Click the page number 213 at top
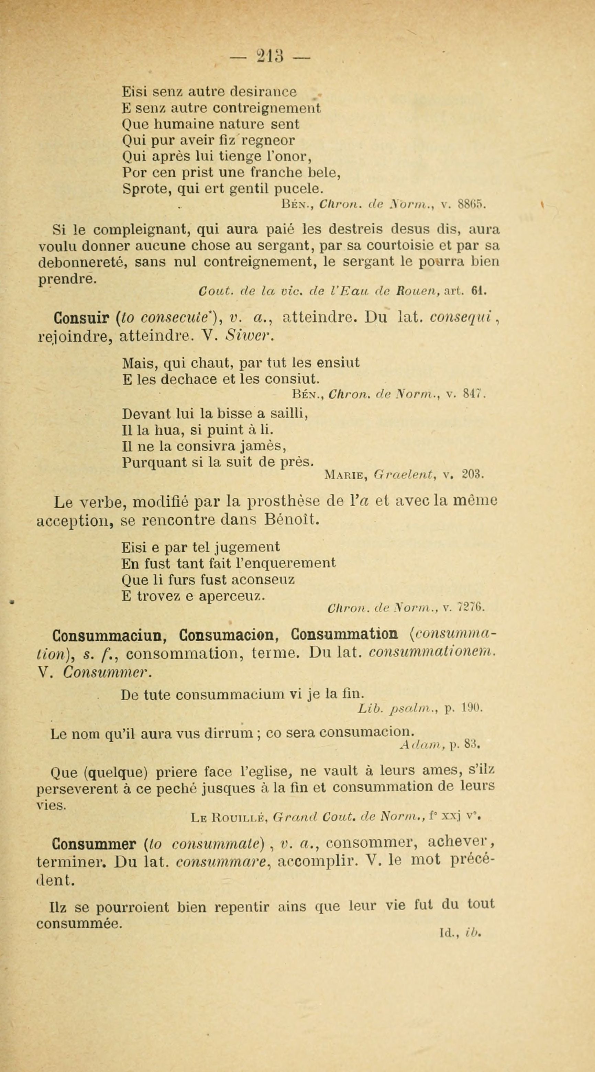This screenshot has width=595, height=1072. pos(270,55)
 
